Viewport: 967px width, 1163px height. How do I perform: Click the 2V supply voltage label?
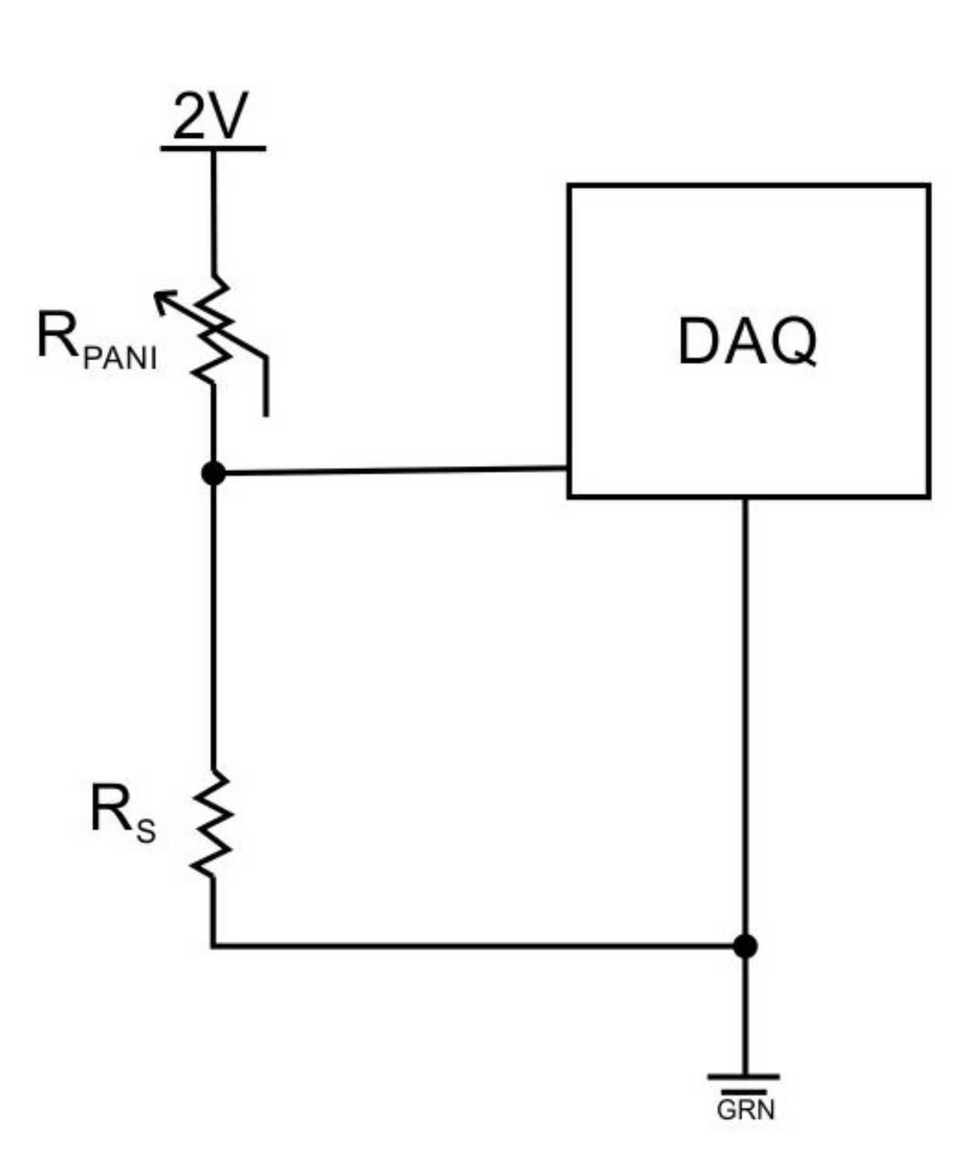point(210,117)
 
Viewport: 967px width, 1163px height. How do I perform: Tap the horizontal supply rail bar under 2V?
point(213,148)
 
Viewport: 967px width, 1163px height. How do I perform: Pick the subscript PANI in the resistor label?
point(119,359)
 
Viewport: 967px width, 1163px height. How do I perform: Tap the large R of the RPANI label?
point(57,336)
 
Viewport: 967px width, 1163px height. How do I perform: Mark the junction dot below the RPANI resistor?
point(213,473)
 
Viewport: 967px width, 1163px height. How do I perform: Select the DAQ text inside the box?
point(747,341)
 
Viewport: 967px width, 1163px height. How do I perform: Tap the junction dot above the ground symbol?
point(745,946)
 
